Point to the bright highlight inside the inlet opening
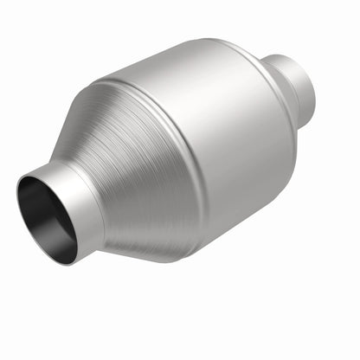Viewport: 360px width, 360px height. pyautogui.click(x=61, y=238)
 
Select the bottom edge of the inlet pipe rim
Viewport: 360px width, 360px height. pyautogui.click(x=65, y=260)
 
